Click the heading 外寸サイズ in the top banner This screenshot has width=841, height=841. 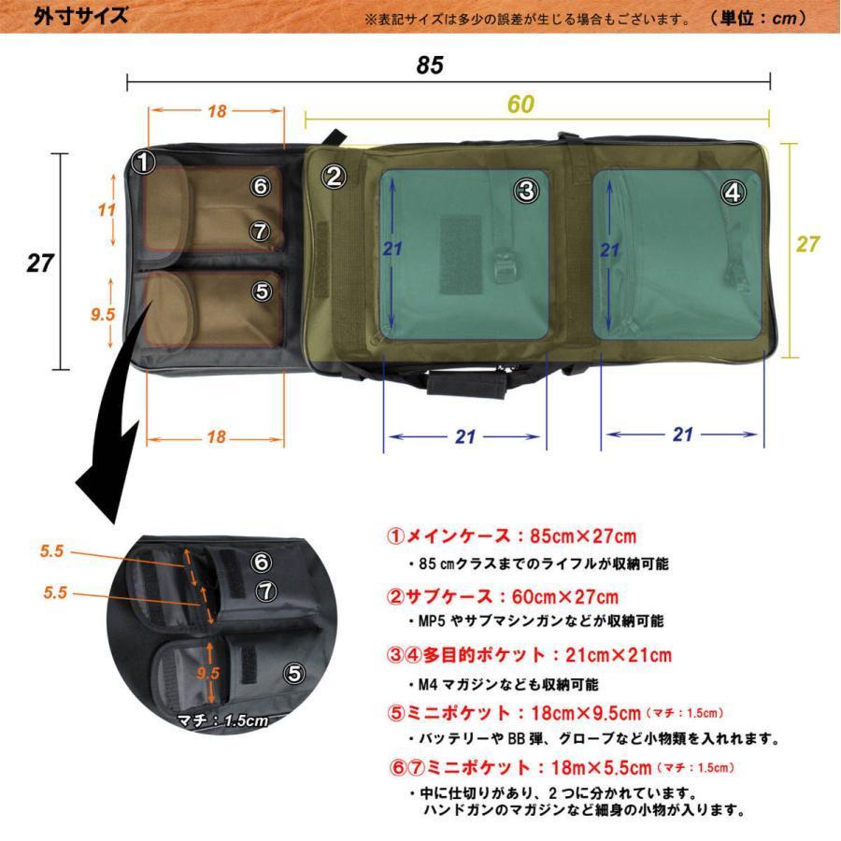[x=80, y=17]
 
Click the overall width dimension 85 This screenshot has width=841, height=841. [x=430, y=65]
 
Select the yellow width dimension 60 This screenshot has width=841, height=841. [x=520, y=105]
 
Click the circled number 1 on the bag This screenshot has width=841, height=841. [x=143, y=164]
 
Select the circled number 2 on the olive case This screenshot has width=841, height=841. [x=335, y=175]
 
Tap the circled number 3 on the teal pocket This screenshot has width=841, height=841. [x=527, y=191]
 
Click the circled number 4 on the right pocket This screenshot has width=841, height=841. [x=733, y=192]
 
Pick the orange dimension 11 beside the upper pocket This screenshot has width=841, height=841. [x=107, y=210]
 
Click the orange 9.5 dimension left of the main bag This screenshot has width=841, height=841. [x=102, y=315]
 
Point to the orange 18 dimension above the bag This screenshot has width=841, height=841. [x=217, y=111]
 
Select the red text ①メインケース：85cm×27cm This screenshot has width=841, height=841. [x=511, y=536]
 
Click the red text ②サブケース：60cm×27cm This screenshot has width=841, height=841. [x=503, y=595]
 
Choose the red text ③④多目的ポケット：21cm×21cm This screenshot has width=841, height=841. [x=529, y=655]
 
